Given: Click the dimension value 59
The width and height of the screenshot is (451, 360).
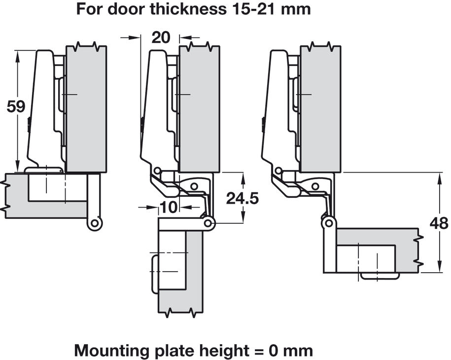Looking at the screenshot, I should tap(16, 107).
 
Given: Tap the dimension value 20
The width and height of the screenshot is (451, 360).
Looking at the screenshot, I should tap(161, 37).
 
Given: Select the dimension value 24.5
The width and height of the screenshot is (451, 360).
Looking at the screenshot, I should tap(242, 198).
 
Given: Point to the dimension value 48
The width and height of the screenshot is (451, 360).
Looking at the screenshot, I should tap(439, 223).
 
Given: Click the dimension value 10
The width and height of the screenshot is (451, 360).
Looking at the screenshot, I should tap(169, 208).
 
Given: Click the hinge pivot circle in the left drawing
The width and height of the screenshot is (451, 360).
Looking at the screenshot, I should tap(94, 223).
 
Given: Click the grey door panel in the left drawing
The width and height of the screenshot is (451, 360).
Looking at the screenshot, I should tap(86, 108).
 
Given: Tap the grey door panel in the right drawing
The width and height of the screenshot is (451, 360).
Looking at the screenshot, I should tap(320, 108).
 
